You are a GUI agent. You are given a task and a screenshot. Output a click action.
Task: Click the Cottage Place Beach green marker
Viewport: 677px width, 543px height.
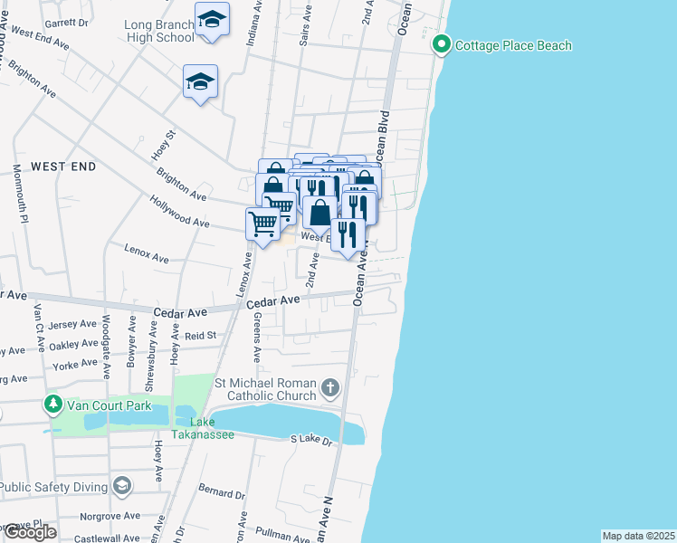(442, 44)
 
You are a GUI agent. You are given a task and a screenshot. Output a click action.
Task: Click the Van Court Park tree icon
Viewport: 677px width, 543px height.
(53, 405)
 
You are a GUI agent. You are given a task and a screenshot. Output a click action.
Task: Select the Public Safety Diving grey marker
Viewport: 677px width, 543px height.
(121, 486)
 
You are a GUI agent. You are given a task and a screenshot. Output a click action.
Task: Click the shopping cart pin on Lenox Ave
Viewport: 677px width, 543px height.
(262, 224)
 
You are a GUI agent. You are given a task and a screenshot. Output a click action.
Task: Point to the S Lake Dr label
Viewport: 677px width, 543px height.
(312, 439)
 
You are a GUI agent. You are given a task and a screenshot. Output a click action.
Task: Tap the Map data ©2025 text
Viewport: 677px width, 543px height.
(638, 536)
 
